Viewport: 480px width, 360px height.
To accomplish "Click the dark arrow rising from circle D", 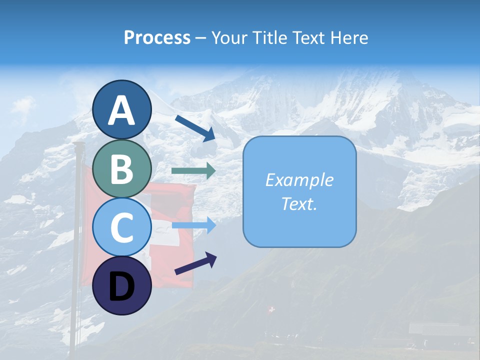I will (195, 263).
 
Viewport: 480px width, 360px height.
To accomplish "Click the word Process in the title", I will (157, 37).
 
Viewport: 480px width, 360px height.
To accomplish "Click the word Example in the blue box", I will (299, 180).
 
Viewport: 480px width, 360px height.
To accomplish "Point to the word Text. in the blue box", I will (299, 203).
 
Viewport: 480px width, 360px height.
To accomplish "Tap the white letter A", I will (122, 110).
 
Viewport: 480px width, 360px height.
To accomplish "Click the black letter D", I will (122, 287).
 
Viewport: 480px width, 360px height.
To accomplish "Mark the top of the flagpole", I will (78, 144).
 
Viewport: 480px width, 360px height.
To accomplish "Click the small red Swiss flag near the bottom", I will (271, 310).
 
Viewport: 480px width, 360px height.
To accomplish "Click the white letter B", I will (122, 169).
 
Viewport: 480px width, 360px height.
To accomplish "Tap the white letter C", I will (122, 228).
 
